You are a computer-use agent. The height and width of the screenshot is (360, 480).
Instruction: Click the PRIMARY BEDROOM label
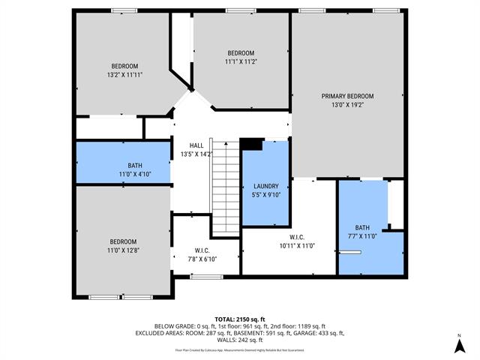347,96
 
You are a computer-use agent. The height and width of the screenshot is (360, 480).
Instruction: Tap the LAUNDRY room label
266,186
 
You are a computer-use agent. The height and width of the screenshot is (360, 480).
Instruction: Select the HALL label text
196,145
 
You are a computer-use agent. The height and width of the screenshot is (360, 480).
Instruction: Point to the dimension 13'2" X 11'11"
125,74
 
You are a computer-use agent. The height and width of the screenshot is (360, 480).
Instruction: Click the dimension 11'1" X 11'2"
241,61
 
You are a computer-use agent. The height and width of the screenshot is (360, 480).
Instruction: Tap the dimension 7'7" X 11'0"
362,236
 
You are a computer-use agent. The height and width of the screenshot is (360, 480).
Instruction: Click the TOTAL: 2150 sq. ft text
240,319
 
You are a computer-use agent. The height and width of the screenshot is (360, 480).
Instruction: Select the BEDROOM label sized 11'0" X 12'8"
124,241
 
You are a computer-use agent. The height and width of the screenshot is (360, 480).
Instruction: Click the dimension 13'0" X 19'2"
347,105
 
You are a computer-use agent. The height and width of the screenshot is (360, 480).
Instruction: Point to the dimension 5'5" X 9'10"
266,195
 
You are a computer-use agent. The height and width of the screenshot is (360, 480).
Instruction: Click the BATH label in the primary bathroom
362,227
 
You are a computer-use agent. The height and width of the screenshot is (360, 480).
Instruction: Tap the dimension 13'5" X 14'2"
196,154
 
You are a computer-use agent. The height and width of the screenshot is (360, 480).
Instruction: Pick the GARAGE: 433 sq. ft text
319,333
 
